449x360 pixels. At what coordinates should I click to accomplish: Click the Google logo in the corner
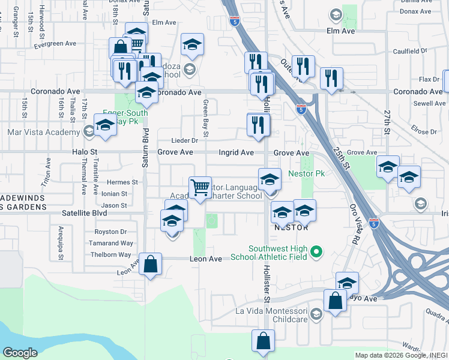coord(20,353)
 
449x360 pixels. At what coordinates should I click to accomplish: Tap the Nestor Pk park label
coord(306,173)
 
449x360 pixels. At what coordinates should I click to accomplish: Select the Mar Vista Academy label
coord(43,132)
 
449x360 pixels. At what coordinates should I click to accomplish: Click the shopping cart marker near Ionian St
coord(199,187)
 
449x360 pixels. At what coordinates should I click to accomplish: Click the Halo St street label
coord(86,152)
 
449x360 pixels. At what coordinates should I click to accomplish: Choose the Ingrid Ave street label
coord(236,152)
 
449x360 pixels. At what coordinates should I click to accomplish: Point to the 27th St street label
coord(387,122)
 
